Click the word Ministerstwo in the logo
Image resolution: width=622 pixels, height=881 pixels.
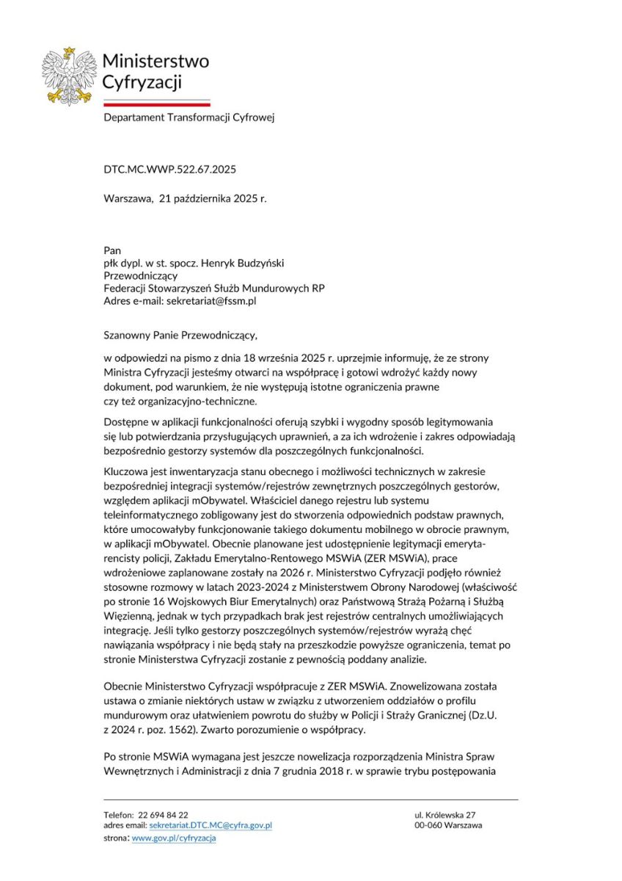tap(155, 60)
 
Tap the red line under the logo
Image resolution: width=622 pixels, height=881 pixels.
tap(156, 104)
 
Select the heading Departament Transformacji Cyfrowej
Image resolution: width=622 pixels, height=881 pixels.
tap(189, 117)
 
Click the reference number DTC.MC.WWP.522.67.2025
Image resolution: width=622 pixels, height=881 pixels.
tap(169, 170)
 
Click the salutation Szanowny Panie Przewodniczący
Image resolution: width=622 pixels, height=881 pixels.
tap(180, 336)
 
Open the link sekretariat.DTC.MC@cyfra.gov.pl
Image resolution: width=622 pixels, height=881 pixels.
tap(211, 825)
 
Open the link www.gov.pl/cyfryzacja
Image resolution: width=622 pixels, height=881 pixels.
tap(174, 838)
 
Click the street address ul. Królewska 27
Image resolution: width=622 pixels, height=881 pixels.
tap(445, 815)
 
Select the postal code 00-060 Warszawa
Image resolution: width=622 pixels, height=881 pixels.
tap(448, 825)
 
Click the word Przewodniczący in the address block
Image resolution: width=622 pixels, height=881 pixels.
tap(135, 276)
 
